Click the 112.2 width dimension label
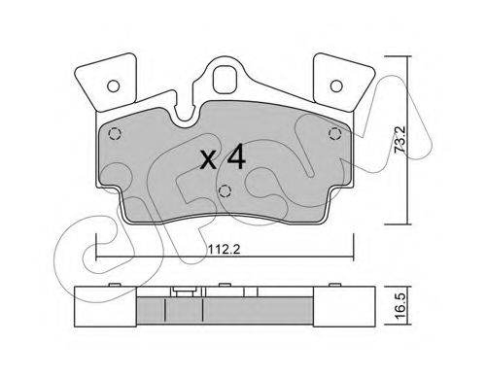[224, 249]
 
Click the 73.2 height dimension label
[399, 140]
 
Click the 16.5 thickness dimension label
[400, 306]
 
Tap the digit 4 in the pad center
[235, 157]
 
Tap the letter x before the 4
[208, 160]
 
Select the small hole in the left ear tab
[114, 86]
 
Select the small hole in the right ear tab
[336, 86]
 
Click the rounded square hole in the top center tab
[224, 80]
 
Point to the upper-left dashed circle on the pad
[114, 134]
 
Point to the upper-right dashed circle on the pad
[335, 133]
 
